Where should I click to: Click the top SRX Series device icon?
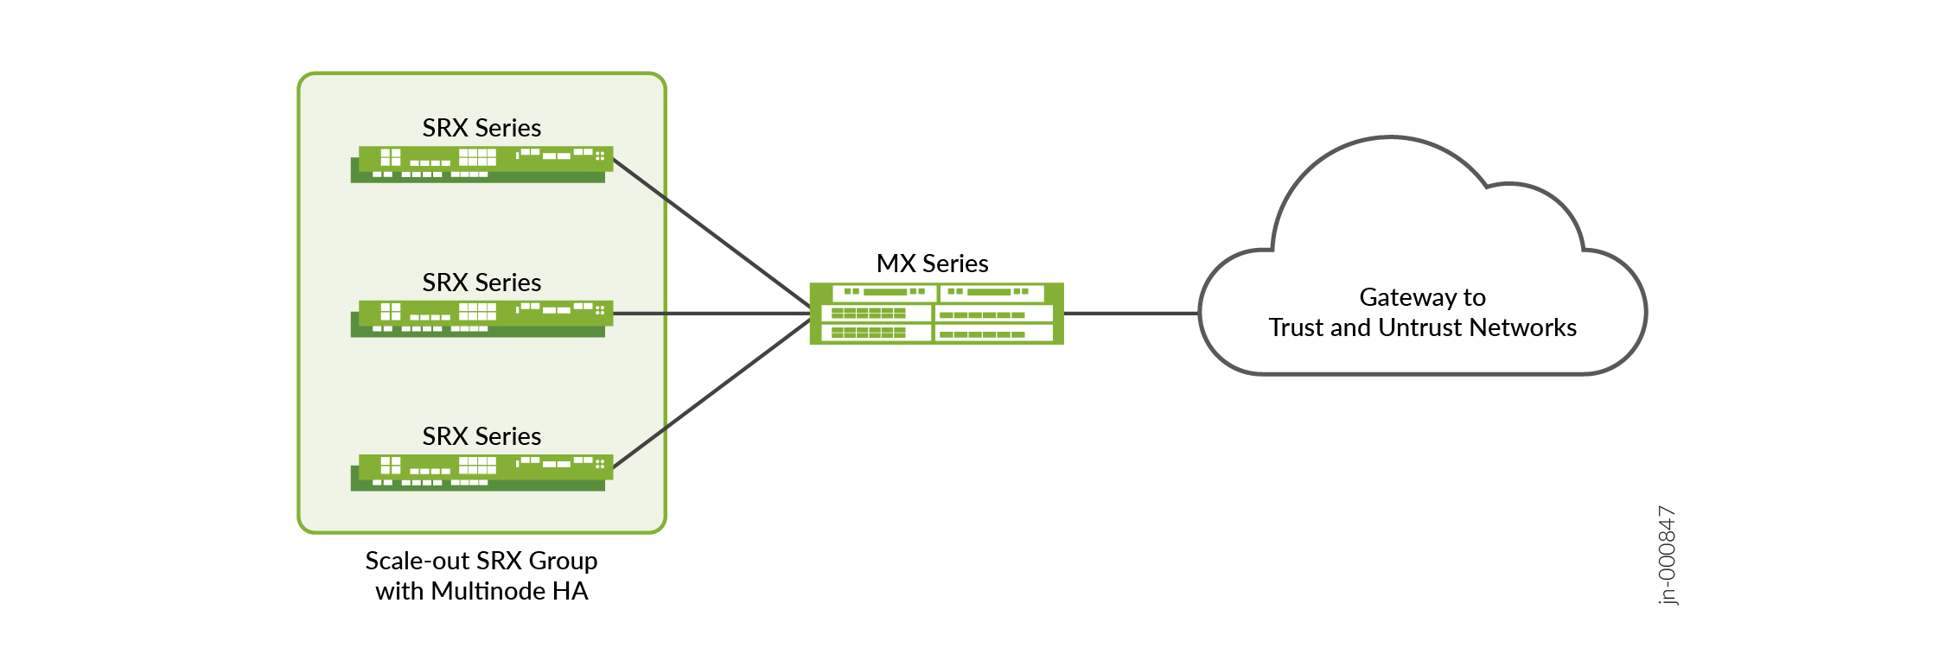tap(481, 164)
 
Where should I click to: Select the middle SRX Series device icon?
tap(481, 318)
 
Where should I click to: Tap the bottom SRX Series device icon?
tap(481, 473)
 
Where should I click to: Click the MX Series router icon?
tap(936, 313)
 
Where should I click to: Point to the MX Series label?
tap(932, 264)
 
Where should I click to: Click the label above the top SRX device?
tap(481, 128)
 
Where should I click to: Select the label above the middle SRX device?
tap(481, 283)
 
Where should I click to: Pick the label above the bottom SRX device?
tap(481, 436)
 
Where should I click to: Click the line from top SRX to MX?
tap(711, 232)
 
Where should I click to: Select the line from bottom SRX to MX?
tap(711, 394)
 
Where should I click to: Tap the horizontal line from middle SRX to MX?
tap(711, 314)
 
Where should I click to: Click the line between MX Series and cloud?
tap(1131, 314)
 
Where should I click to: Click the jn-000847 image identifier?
tap(1668, 556)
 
